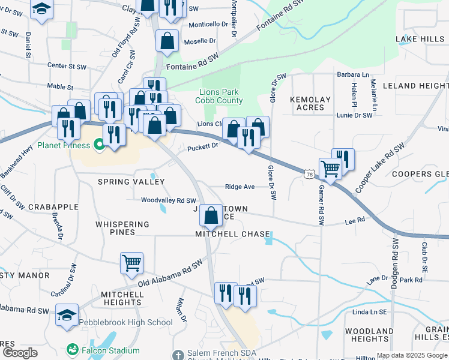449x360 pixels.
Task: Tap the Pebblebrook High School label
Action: pyautogui.click(x=126, y=322)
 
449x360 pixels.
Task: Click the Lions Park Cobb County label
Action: pyautogui.click(x=218, y=96)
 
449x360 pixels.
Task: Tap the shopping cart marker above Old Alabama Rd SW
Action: pyautogui.click(x=131, y=262)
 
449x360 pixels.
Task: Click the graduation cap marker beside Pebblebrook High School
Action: pyautogui.click(x=67, y=314)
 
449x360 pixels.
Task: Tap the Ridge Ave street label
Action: pyautogui.click(x=240, y=187)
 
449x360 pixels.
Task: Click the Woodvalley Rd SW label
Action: pyautogui.click(x=169, y=200)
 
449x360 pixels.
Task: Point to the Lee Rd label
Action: pyautogui.click(x=355, y=221)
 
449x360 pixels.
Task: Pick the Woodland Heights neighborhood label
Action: pyautogui.click(x=370, y=335)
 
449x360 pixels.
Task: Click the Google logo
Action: pyautogui.click(x=20, y=353)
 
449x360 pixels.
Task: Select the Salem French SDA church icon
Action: pyautogui.click(x=177, y=354)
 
